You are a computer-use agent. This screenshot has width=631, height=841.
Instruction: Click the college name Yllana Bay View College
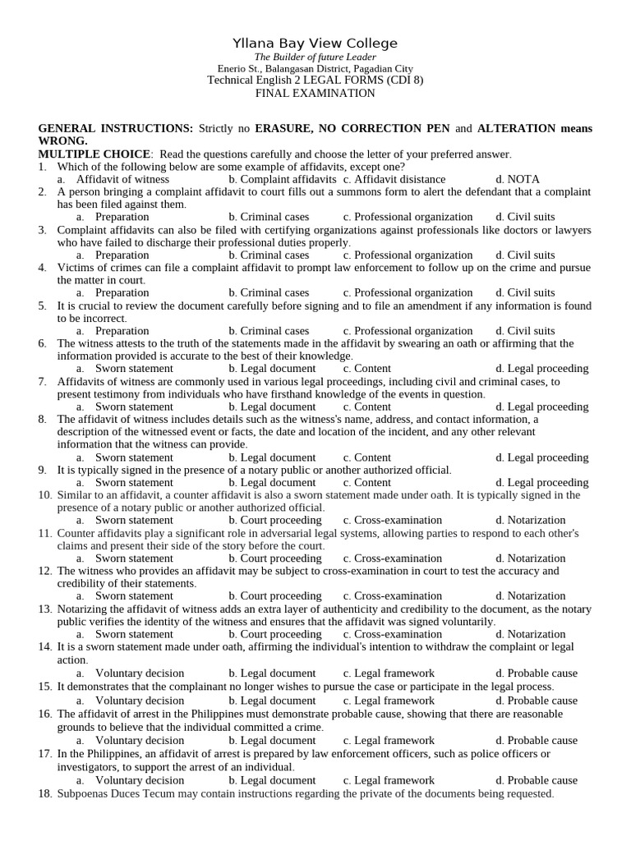(315, 43)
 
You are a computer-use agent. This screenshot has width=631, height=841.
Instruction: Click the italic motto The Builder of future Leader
(315, 57)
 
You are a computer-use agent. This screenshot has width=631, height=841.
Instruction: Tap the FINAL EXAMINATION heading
(315, 94)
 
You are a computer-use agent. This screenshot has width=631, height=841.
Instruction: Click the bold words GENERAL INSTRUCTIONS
(116, 129)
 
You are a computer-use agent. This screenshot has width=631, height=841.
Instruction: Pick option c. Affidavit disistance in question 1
(394, 179)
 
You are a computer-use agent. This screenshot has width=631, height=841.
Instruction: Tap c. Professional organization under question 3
(408, 255)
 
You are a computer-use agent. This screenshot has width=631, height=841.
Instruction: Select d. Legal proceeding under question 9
(541, 483)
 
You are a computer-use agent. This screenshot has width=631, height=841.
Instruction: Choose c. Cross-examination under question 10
(392, 521)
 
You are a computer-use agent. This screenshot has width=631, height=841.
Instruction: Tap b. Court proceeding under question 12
(274, 596)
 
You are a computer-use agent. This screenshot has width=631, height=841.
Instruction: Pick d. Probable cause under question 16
(537, 741)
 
